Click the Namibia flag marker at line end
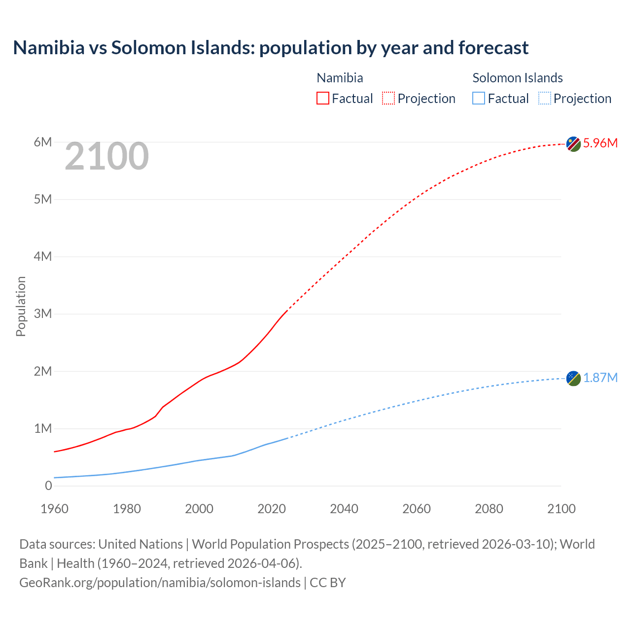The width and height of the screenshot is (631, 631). [573, 144]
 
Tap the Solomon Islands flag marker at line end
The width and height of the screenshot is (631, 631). [573, 379]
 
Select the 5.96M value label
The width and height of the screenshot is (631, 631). [600, 143]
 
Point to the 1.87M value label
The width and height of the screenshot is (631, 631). [600, 378]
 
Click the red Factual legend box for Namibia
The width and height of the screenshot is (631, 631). [323, 99]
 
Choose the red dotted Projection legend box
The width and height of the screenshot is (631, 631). [388, 99]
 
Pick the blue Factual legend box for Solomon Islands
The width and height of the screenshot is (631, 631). [479, 99]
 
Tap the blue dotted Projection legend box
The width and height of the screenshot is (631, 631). [544, 99]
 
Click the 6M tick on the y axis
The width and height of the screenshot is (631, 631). [43, 142]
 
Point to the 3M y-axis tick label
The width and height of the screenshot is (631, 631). [43, 314]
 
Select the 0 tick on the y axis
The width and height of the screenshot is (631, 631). [48, 486]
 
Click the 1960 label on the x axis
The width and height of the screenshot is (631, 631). [54, 509]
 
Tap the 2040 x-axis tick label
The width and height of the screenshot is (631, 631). [344, 509]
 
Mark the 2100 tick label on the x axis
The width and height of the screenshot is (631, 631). [561, 509]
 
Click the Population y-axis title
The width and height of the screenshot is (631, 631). [21, 306]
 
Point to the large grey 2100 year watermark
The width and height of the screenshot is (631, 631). [106, 156]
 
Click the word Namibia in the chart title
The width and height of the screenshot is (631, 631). [49, 48]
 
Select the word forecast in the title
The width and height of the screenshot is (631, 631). [493, 48]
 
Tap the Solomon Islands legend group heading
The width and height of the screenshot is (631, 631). [518, 78]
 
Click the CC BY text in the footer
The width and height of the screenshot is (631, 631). [328, 583]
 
